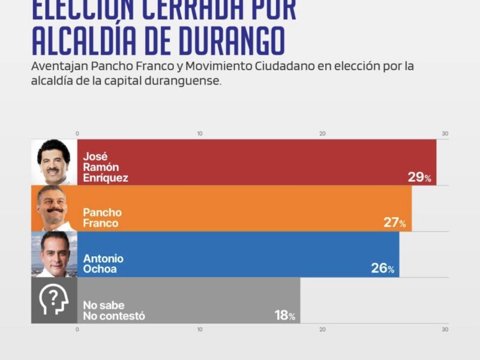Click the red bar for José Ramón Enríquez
(258, 162)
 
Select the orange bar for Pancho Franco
(246, 208)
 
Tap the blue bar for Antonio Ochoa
(240, 254)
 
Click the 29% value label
(419, 177)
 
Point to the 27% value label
(395, 223)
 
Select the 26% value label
(382, 269)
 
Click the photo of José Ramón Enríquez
(54, 162)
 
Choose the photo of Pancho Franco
(54, 208)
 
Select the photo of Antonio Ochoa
(54, 254)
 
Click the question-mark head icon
(54, 301)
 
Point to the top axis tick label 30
(445, 133)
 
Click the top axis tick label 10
(200, 133)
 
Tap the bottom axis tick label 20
(322, 329)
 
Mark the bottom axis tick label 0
(77, 329)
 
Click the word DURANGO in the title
(225, 41)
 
